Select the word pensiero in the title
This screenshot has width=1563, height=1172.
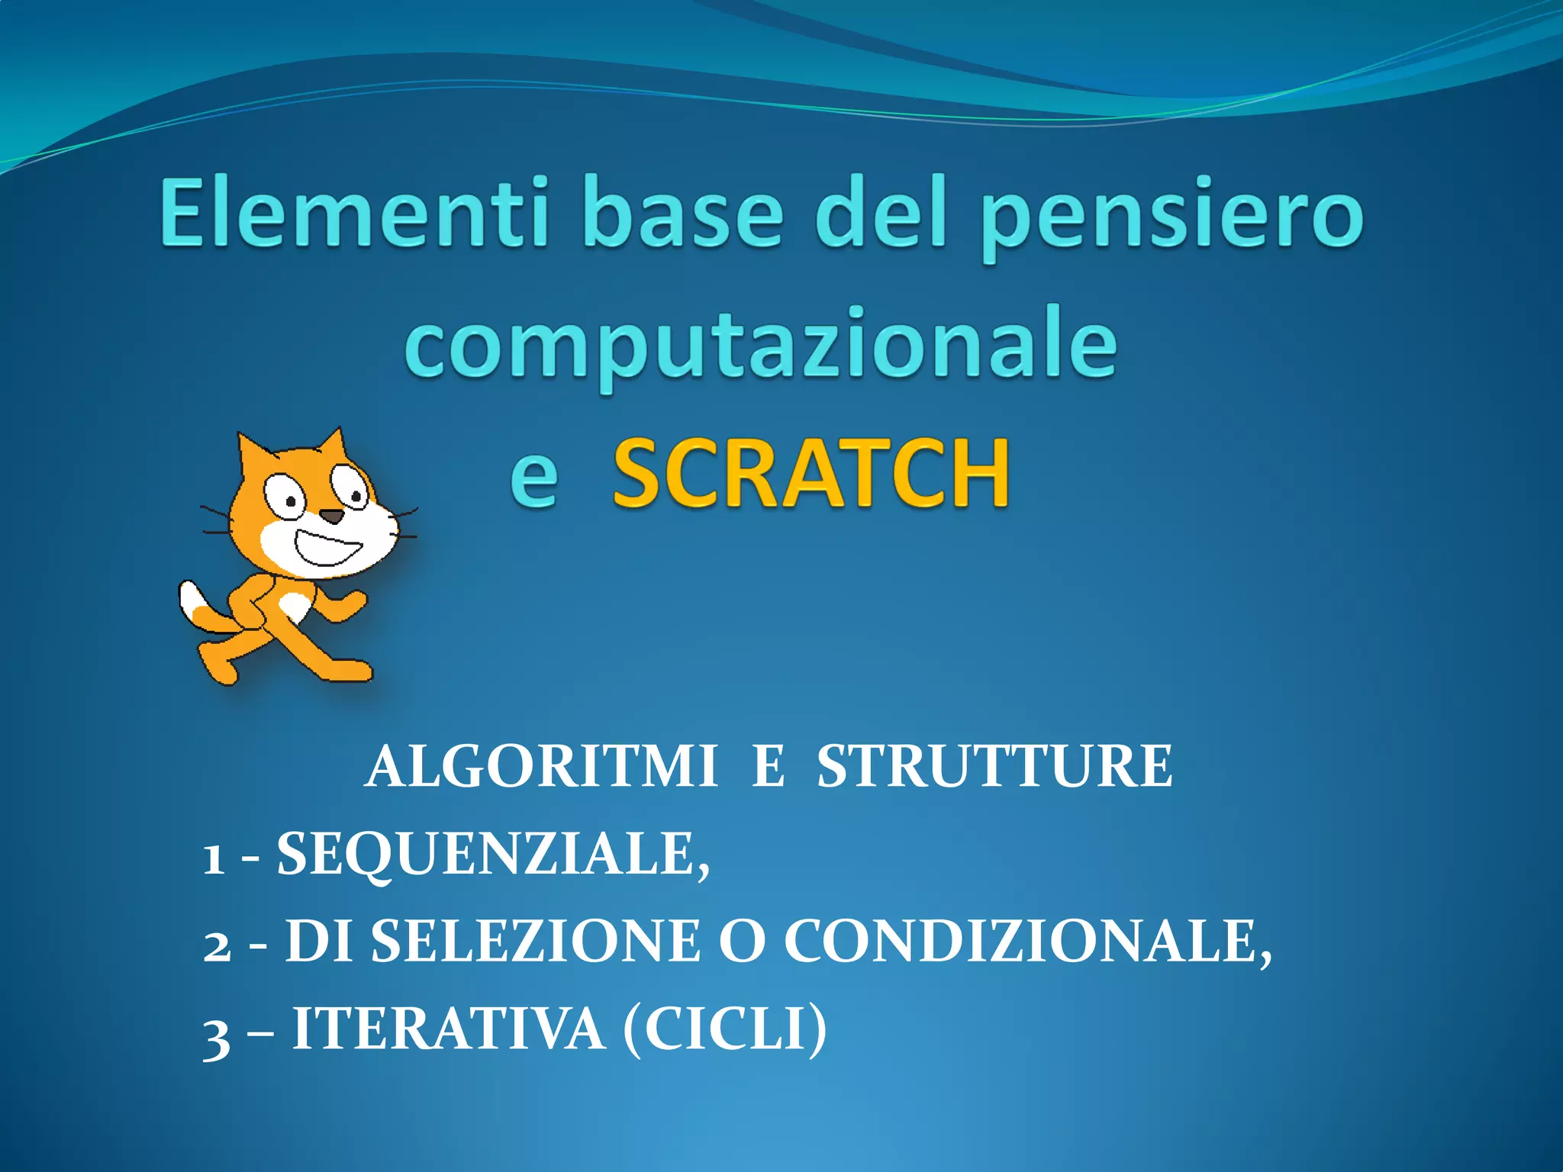[x=1171, y=217]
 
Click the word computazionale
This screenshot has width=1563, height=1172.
[x=760, y=347]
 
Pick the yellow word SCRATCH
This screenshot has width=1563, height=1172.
[x=811, y=474]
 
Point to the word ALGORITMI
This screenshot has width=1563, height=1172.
[x=541, y=767]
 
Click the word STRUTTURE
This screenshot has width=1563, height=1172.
[x=994, y=767]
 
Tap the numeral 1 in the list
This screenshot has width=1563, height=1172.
[x=214, y=859]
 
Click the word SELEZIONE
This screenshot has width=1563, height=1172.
[x=534, y=942]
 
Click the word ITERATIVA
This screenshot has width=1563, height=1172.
[x=449, y=1030]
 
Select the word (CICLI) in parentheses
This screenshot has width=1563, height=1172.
[x=725, y=1030]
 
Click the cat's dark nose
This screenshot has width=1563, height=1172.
[x=331, y=516]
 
